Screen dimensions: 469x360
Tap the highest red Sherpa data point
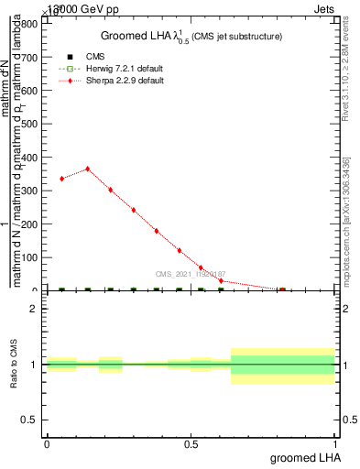(x=87, y=169)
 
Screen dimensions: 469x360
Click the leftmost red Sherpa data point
(x=61, y=179)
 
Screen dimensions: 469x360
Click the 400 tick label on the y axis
(x=30, y=158)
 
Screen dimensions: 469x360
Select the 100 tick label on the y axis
(x=30, y=257)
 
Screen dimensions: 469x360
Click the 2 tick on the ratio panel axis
(x=35, y=309)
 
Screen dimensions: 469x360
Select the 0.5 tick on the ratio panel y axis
(x=30, y=420)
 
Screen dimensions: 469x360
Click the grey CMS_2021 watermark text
(x=191, y=274)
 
